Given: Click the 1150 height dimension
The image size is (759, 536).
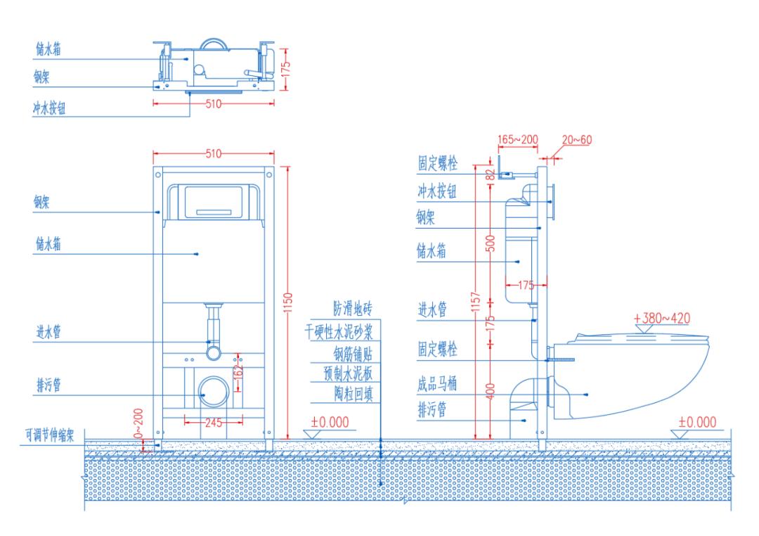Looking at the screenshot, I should (x=287, y=302).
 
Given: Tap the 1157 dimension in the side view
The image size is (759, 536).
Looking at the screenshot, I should (x=476, y=302).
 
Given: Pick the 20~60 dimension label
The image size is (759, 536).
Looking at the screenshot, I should (x=577, y=140).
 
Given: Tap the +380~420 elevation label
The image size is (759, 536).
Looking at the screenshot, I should (x=661, y=318).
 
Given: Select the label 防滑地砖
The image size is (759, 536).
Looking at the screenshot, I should (x=352, y=310).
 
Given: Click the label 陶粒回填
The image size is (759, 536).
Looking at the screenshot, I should (x=352, y=393).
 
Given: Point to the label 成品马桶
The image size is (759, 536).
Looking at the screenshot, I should (x=436, y=384).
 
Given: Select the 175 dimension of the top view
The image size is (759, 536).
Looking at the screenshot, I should (x=285, y=69).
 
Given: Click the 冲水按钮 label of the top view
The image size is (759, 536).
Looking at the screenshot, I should (x=51, y=109).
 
